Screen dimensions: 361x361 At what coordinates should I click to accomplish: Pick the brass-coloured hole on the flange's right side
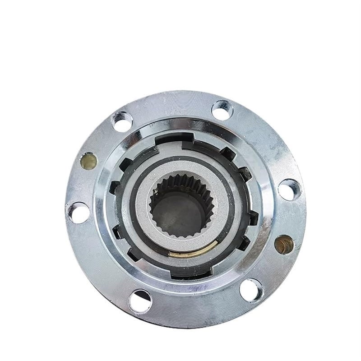[283, 244]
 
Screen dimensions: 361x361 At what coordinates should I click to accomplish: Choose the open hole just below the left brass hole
[79, 212]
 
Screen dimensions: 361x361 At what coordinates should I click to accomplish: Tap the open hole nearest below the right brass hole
[251, 289]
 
